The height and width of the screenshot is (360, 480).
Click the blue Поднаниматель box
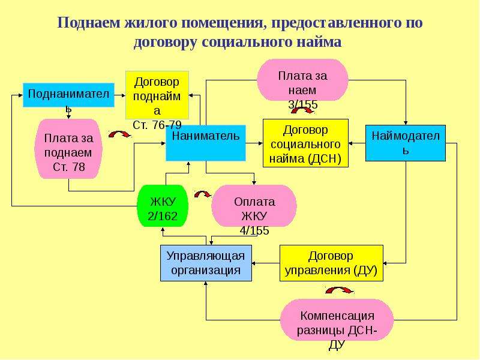(x=68, y=95)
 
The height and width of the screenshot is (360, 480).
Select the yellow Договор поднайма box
(x=157, y=95)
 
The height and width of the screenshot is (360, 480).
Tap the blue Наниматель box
(x=206, y=143)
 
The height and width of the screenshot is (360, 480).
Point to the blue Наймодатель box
(x=406, y=143)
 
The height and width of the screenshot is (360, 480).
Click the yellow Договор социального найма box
(x=306, y=143)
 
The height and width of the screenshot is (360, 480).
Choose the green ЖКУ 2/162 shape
(x=162, y=206)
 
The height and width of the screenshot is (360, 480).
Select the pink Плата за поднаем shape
(x=68, y=149)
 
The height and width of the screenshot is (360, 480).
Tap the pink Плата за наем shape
(x=302, y=80)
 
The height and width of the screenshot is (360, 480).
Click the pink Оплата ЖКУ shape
(x=254, y=206)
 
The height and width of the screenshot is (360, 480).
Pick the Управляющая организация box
(x=206, y=263)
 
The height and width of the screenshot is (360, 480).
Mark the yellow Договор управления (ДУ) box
(x=332, y=263)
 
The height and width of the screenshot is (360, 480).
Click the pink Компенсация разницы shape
(x=337, y=320)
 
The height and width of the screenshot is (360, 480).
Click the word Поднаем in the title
(x=89, y=22)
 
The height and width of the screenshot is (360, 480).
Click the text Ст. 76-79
(x=157, y=125)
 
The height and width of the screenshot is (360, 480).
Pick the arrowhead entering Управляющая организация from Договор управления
(x=254, y=263)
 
